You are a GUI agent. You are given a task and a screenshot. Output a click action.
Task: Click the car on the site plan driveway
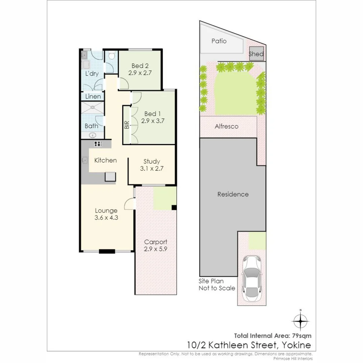(252, 279)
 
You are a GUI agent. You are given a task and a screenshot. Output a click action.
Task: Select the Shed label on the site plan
(256, 54)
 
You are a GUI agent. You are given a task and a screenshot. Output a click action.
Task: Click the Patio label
(219, 41)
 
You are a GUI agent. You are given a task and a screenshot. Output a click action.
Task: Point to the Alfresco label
(226, 126)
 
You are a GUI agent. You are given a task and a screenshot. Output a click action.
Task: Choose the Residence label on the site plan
(233, 194)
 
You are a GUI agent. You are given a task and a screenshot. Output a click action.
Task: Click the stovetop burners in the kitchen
(98, 144)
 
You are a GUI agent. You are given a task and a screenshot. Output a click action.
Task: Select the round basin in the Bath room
(92, 135)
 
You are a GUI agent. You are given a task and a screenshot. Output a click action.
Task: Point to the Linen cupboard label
(93, 96)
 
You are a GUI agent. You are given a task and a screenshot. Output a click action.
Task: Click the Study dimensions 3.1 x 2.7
(152, 169)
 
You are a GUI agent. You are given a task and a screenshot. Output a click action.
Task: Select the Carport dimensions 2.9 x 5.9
(155, 249)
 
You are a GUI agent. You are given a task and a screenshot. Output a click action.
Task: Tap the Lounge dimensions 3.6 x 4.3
(106, 217)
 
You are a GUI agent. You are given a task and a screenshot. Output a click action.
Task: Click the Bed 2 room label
(140, 66)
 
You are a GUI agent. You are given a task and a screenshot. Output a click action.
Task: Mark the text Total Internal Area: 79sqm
(273, 335)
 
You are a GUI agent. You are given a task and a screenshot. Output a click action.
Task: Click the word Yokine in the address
(296, 345)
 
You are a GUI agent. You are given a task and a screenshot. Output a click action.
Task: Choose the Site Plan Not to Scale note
(216, 285)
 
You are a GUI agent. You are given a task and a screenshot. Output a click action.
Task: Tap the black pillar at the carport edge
(173, 207)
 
